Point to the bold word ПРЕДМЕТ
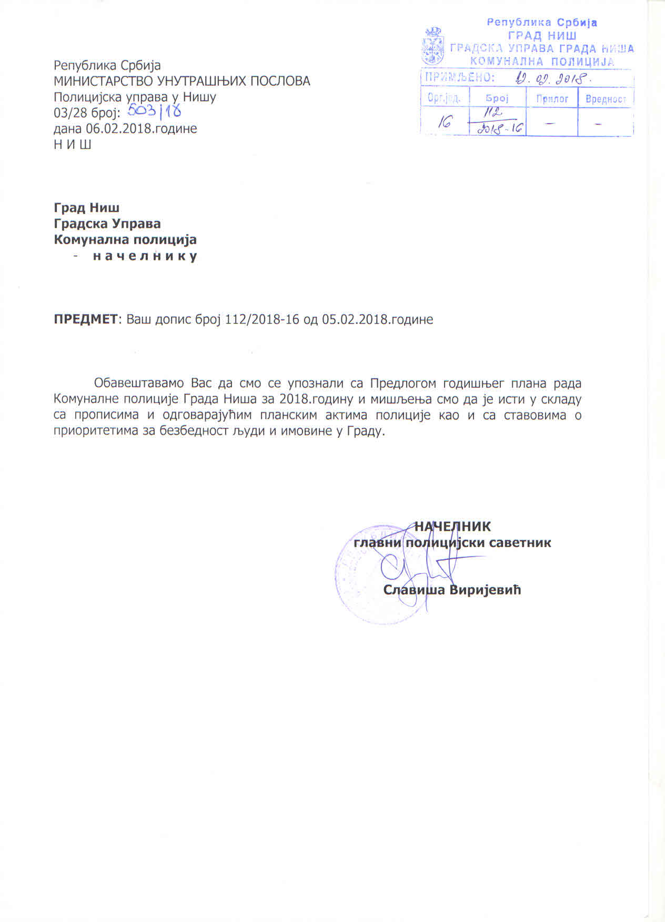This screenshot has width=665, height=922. click(x=87, y=319)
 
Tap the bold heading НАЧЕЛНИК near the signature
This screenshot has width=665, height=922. click(x=452, y=526)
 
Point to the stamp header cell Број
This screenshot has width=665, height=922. click(x=497, y=98)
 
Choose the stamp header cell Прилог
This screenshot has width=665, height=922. click(x=552, y=98)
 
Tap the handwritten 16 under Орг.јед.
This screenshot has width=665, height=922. click(x=445, y=123)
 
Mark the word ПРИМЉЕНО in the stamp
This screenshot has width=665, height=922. click(x=459, y=78)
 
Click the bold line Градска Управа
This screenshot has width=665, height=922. click(x=107, y=224)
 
